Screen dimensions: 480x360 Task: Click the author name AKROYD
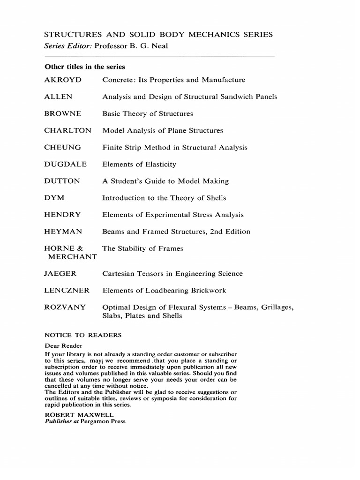click(63, 80)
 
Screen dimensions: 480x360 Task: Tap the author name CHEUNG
click(62, 148)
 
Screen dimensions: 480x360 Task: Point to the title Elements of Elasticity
click(139, 165)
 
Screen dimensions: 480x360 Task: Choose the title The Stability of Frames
click(142, 248)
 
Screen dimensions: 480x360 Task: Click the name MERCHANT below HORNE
click(71, 257)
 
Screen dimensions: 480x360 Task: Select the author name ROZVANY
click(65, 307)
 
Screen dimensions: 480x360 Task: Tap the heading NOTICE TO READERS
click(83, 335)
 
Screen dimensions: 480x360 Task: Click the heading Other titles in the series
click(84, 67)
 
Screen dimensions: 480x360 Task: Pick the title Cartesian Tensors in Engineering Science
click(172, 274)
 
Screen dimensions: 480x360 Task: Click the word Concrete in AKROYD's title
click(117, 80)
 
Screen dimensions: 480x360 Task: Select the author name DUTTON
click(62, 181)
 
